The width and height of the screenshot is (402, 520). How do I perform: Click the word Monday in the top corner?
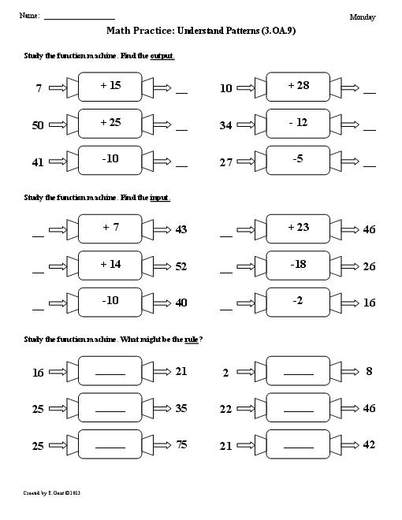tap(363, 17)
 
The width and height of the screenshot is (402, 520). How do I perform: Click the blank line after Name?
tap(80, 20)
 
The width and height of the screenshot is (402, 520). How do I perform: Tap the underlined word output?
tap(162, 56)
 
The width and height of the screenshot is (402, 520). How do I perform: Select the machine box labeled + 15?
tap(110, 87)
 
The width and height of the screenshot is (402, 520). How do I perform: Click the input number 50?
tap(38, 125)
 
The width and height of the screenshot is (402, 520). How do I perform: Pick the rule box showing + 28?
tap(298, 87)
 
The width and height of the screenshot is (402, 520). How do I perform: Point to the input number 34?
tap(225, 125)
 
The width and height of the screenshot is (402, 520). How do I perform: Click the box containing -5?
tap(298, 160)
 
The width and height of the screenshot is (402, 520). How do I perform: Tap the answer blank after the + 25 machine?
tap(182, 130)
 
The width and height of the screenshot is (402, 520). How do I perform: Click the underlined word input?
tap(160, 198)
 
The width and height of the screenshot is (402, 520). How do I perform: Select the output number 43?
tap(181, 229)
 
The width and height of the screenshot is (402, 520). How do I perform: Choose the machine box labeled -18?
tap(298, 266)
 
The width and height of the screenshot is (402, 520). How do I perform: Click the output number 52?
tap(181, 266)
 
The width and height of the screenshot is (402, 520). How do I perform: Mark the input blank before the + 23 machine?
tap(226, 236)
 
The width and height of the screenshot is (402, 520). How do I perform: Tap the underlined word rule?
tap(192, 340)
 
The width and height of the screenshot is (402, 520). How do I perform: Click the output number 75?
tap(182, 444)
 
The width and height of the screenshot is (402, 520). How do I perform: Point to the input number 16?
tap(38, 373)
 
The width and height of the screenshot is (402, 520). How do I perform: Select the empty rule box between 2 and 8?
tap(298, 371)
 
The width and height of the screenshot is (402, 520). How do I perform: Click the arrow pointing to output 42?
tap(350, 445)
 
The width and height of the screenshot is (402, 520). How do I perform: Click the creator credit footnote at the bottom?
tap(52, 493)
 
